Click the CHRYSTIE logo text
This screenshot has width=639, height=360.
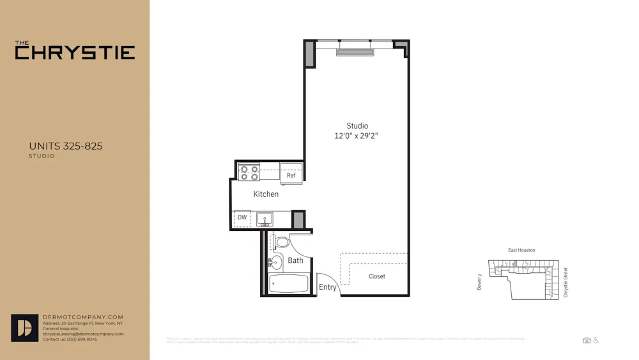pyautogui.click(x=75, y=52)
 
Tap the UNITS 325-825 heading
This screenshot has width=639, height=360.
pyautogui.click(x=65, y=146)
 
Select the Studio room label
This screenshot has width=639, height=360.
pyautogui.click(x=357, y=126)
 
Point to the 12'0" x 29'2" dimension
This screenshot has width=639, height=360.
pyautogui.click(x=356, y=136)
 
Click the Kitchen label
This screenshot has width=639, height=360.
pyautogui.click(x=266, y=194)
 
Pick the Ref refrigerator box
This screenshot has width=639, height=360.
pyautogui.click(x=291, y=174)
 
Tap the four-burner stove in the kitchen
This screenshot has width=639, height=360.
pyautogui.click(x=249, y=172)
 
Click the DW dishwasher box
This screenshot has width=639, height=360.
pyautogui.click(x=242, y=218)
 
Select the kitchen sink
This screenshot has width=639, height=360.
pyautogui.click(x=265, y=219)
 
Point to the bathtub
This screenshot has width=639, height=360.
pyautogui.click(x=288, y=283)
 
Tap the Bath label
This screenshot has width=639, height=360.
pyautogui.click(x=295, y=260)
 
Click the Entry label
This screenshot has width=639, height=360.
pyautogui.click(x=328, y=287)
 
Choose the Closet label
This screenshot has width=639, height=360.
pyautogui.click(x=377, y=276)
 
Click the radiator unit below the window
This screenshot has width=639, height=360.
pyautogui.click(x=355, y=52)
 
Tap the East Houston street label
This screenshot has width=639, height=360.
pyautogui.click(x=521, y=250)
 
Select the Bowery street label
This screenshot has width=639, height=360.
pyautogui.click(x=479, y=282)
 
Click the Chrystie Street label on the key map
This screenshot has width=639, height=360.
pyautogui.click(x=566, y=282)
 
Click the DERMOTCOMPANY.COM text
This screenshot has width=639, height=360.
pyautogui.click(x=83, y=317)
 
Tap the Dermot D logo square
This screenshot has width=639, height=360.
pyautogui.click(x=25, y=328)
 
